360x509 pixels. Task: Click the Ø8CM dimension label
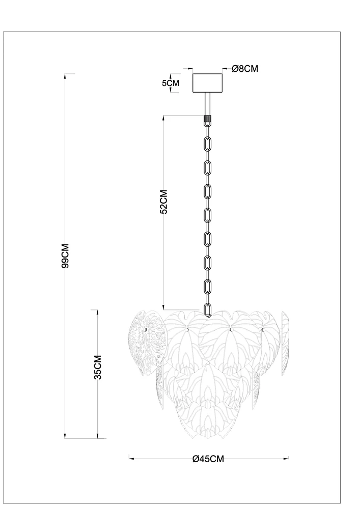pyautogui.click(x=245, y=69)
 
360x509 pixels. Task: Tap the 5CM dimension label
pyautogui.click(x=171, y=83)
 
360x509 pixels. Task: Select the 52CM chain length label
pyautogui.click(x=164, y=202)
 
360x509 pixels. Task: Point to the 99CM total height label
pyautogui.click(x=65, y=256)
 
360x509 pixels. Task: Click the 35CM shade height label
pyautogui.click(x=98, y=367)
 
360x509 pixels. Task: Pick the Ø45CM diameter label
pyautogui.click(x=208, y=459)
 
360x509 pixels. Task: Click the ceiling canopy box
pyautogui.click(x=207, y=83)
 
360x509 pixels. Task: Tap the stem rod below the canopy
pyautogui.click(x=207, y=104)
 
